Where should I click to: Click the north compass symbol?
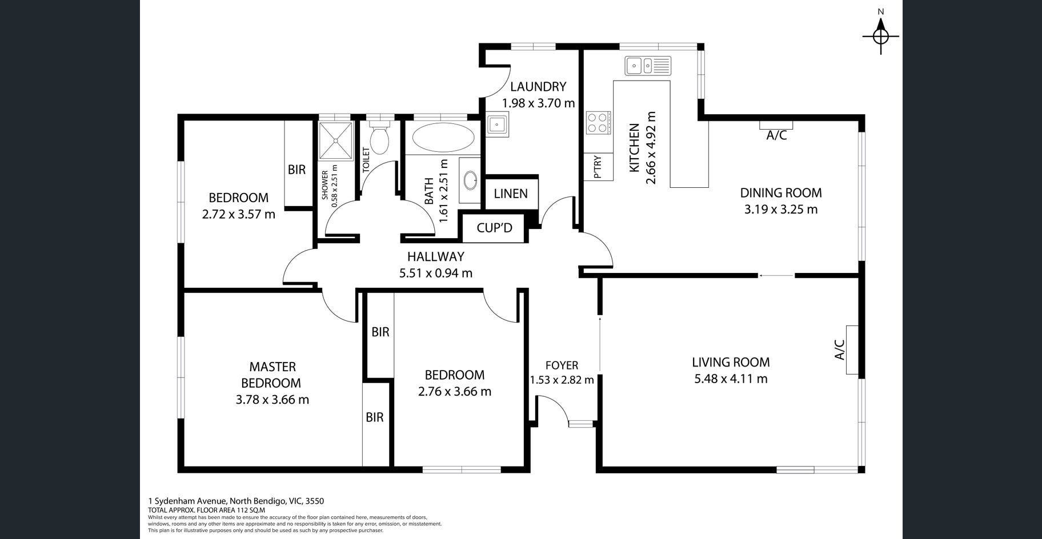tap(881, 36)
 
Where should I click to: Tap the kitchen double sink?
tap(648, 66)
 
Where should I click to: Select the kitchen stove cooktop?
tap(598, 123)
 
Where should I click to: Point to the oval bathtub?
tap(443, 137)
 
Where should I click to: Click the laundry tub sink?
tap(498, 124)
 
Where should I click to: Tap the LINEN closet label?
tap(511, 194)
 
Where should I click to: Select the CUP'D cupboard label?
tap(495, 228)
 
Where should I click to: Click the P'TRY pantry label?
tap(598, 167)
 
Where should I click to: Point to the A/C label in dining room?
tap(776, 135)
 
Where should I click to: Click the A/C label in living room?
tap(839, 349)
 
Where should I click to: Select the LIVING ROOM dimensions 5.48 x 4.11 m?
tap(731, 379)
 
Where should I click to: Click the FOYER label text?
tap(562, 365)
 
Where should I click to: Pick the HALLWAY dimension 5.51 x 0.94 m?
tap(436, 273)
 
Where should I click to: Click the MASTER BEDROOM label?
tap(272, 375)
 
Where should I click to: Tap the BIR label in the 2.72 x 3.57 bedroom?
tap(296, 170)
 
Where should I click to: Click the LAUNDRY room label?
tap(538, 87)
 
